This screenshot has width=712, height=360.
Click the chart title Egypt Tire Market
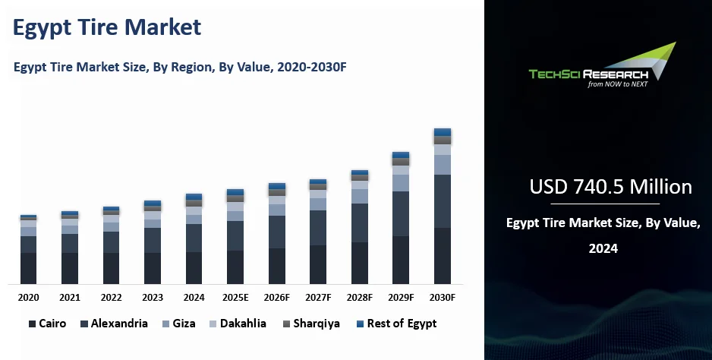107,27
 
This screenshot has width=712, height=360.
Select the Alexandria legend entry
113,324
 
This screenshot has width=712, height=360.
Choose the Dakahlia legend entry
237,324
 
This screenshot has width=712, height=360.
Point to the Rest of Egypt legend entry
395,324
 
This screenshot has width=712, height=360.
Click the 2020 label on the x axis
29,297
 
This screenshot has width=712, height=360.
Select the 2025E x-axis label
235,297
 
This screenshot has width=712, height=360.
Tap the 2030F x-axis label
443,297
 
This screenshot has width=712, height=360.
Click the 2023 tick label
153,297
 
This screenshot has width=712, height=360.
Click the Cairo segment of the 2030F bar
443,256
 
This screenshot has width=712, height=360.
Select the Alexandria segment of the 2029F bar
401,213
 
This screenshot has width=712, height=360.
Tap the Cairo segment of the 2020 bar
29,268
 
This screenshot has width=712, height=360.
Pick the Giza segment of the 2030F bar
443,164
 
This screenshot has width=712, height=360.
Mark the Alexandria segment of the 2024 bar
194,238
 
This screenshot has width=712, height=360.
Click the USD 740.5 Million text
610,187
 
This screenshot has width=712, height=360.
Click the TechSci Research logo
600,68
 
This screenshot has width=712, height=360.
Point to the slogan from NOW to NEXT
617,84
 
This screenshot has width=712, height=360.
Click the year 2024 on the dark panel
603,248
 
